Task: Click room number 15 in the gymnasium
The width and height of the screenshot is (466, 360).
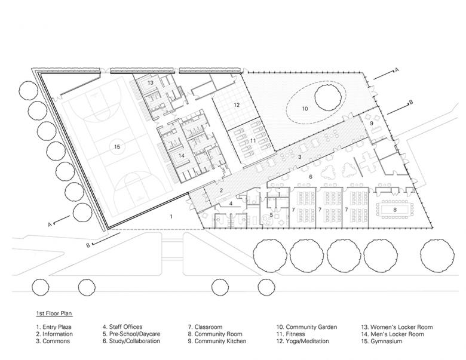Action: coord(117,147)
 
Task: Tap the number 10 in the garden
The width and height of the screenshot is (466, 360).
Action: coord(305,109)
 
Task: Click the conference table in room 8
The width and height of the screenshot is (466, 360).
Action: coord(395,210)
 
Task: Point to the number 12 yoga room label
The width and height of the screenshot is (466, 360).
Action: coord(237,104)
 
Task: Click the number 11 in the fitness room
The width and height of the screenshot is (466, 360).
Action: coord(253,140)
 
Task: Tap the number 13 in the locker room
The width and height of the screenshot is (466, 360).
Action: coord(151,82)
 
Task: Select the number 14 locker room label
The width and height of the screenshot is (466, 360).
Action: coord(181,155)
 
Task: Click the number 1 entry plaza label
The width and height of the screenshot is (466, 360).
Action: coord(171,217)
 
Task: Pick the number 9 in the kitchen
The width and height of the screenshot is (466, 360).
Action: coord(372,123)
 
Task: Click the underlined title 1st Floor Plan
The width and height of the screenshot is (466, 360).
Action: coord(54,313)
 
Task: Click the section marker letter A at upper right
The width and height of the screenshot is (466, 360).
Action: coord(396,70)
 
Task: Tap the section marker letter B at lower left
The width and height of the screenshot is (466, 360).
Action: coord(88,245)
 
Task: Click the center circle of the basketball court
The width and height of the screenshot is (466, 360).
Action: coord(117,147)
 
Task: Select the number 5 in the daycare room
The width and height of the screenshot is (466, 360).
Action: coord(271,215)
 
